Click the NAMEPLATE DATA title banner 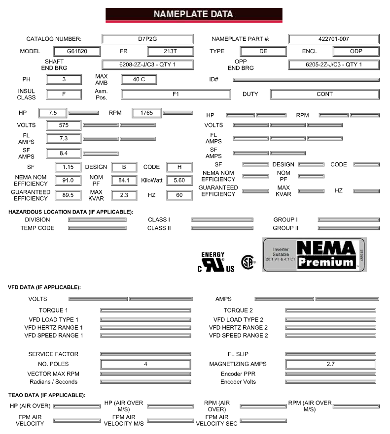[194, 14]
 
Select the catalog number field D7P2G [147, 39]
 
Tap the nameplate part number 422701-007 [334, 39]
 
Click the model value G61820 [77, 51]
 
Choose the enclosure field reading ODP [356, 51]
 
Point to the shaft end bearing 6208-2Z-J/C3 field [147, 64]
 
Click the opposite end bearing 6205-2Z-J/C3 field [334, 64]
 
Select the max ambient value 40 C [139, 79]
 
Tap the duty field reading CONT [324, 94]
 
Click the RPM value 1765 [146, 113]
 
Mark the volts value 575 [64, 125]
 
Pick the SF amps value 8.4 [64, 154]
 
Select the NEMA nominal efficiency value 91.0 [64, 181]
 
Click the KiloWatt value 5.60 [178, 181]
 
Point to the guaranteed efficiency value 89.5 [64, 195]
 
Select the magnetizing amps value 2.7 [330, 364]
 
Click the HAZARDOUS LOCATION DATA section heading [71, 212]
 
